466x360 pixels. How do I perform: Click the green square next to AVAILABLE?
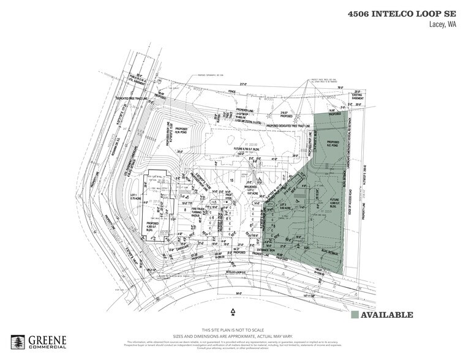355,315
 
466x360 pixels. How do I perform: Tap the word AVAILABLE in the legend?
388,315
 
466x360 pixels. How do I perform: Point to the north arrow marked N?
233,311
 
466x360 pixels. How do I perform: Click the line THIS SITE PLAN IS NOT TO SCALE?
233,330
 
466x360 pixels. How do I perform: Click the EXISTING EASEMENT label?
354,97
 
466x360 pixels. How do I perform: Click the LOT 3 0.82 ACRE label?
285,206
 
